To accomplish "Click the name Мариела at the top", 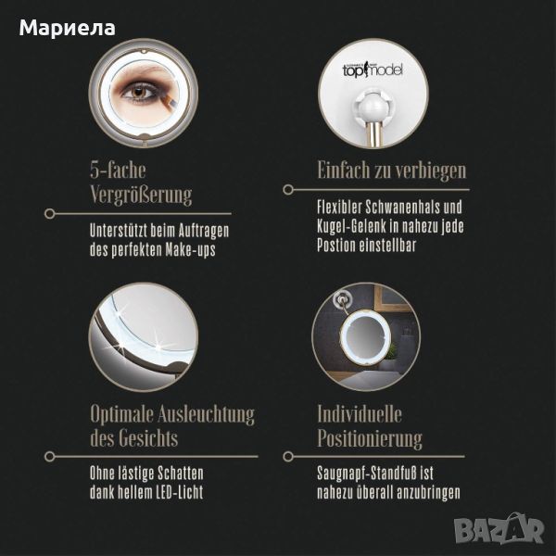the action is point(67,29).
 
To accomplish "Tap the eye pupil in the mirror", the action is point(138,92).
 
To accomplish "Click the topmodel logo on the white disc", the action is point(373,69).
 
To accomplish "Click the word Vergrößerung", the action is point(141,195).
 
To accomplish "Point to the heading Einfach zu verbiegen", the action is point(391,171).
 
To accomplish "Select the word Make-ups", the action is point(190,250).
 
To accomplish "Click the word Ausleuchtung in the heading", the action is point(206,414).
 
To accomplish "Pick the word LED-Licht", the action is point(180,492).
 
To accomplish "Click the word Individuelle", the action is point(360,414).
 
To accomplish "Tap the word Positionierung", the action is point(370,439).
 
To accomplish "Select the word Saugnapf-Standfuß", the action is point(367,474).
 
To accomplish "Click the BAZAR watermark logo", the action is point(499,530).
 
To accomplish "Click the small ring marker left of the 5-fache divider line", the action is point(50,213).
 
